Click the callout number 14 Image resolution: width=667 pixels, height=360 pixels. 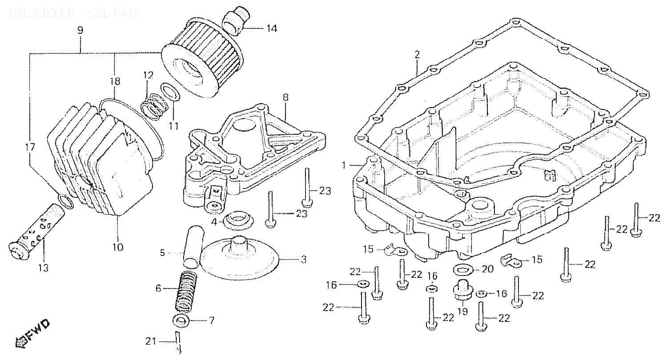(271, 29)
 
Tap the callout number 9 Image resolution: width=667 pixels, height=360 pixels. (80, 31)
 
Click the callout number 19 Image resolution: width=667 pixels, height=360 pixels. (462, 312)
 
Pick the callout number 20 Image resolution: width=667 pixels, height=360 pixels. (488, 269)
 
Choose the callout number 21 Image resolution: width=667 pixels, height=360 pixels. (151, 341)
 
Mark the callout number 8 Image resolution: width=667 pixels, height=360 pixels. (285, 96)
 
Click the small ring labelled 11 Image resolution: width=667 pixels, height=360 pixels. (171, 92)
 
